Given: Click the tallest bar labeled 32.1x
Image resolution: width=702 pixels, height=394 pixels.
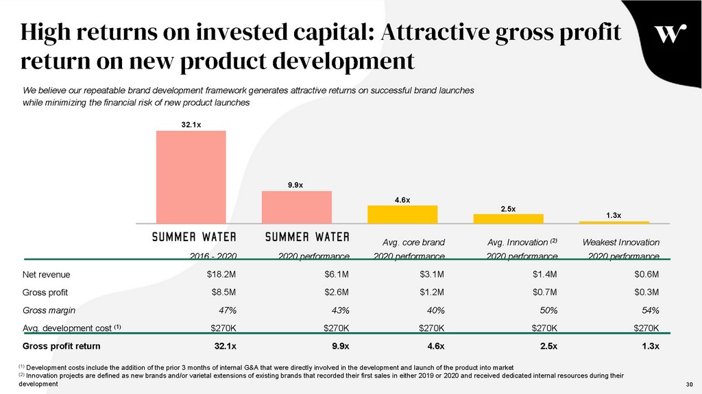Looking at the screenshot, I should click(191, 177).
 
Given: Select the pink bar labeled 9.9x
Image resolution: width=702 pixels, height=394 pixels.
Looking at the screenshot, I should click(296, 207).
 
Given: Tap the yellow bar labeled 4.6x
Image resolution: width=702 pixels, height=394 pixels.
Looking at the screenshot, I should click(402, 214).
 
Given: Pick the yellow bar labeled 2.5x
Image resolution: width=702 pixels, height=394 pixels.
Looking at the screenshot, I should click(508, 219).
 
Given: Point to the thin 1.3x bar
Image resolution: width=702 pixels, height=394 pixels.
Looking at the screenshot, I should click(614, 222).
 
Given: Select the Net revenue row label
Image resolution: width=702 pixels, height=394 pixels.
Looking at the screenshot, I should click(47, 275).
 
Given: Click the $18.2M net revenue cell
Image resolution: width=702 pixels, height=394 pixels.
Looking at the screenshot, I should click(221, 275).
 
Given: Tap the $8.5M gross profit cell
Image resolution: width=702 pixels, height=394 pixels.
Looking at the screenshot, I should click(223, 293).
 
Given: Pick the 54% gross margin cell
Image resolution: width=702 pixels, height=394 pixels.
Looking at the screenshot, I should click(650, 310).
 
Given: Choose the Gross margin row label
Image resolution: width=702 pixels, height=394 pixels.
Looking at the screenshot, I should click(49, 310).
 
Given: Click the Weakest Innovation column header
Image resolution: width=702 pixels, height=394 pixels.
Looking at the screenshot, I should click(620, 243).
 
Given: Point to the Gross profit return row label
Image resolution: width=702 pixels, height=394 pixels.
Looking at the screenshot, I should click(62, 345).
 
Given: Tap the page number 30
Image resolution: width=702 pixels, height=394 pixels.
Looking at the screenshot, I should click(690, 384).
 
